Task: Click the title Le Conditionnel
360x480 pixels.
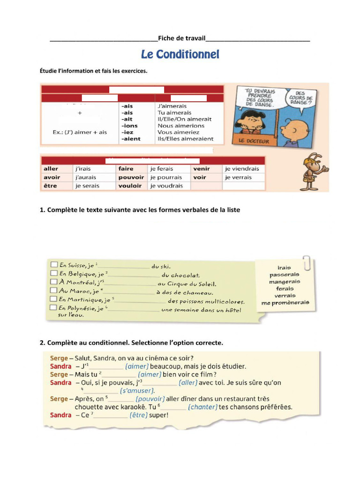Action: pyautogui.click(x=180, y=55)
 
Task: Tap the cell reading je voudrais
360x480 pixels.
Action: pyautogui.click(x=166, y=186)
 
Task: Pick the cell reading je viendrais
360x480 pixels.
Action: pyautogui.click(x=241, y=168)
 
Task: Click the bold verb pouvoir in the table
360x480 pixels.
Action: pyautogui.click(x=131, y=177)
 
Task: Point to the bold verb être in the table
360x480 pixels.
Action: pyautogui.click(x=50, y=186)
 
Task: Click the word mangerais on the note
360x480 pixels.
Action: pyautogui.click(x=285, y=281)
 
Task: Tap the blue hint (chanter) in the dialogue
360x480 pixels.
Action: pyautogui.click(x=202, y=407)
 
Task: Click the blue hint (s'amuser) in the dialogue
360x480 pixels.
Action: pyautogui.click(x=137, y=390)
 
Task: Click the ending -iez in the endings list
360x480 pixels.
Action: pyautogui.click(x=128, y=132)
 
